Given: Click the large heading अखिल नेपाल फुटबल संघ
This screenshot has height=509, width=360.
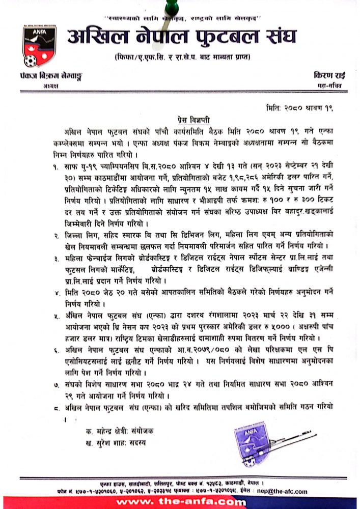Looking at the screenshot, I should [182, 38].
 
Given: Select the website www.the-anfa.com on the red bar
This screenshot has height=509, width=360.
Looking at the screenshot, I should [180, 502].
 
